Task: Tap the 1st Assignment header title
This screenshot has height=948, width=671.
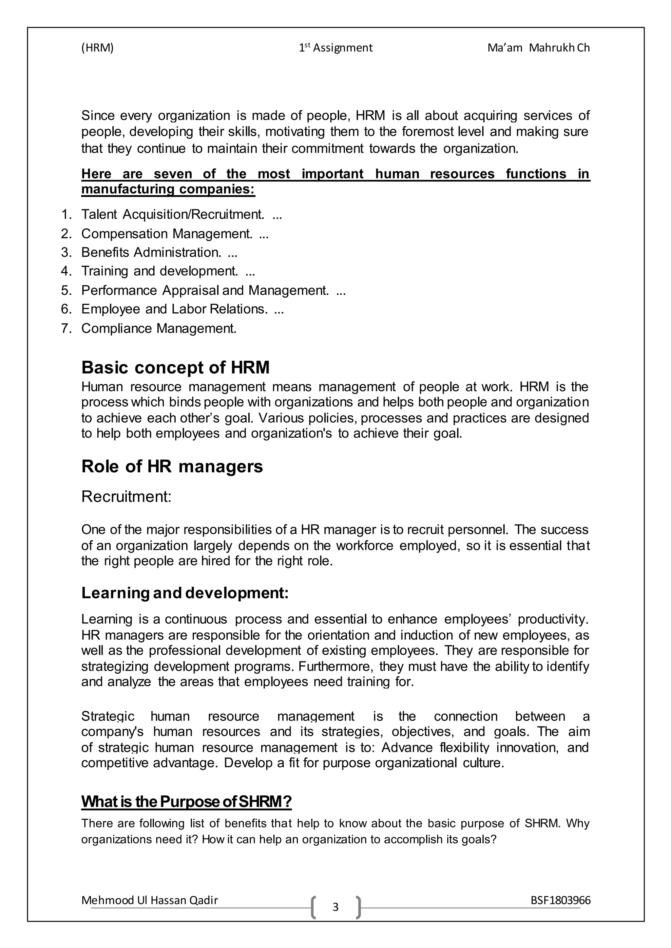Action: (x=335, y=48)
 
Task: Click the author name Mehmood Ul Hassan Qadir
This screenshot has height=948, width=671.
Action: (x=150, y=900)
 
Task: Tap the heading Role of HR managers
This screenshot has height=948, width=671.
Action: (x=172, y=466)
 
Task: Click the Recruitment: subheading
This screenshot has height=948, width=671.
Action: (x=126, y=497)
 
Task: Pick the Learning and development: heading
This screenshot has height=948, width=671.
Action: (x=185, y=593)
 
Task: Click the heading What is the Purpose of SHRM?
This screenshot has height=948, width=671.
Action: (x=186, y=802)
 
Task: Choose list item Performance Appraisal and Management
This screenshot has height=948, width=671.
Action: (x=205, y=290)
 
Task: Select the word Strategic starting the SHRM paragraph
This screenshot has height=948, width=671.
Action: (x=108, y=716)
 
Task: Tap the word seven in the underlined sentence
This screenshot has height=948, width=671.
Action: (x=173, y=174)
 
